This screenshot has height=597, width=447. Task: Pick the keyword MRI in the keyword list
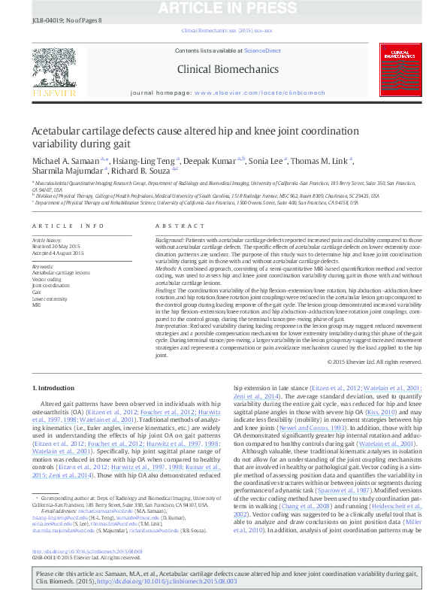click(36, 305)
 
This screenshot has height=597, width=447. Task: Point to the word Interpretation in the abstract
click(172, 326)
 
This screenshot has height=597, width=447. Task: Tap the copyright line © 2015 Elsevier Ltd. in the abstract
click(370, 362)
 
